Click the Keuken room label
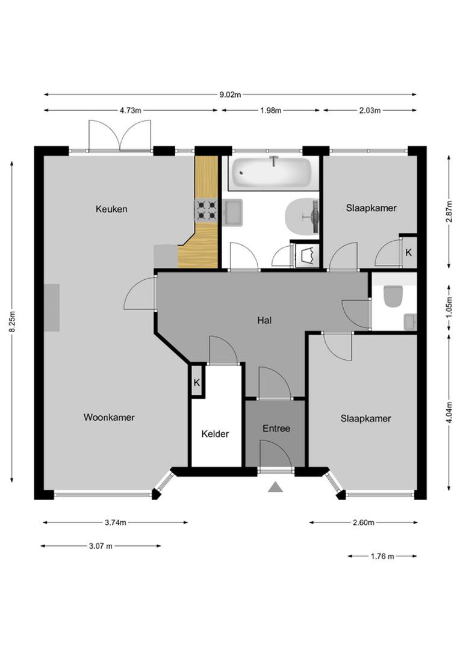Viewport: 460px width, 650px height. [x=111, y=209]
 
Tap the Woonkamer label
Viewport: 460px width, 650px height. [x=109, y=417]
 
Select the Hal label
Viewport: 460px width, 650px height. [x=264, y=320]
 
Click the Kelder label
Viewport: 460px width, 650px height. [x=215, y=433]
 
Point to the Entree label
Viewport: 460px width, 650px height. [x=276, y=429]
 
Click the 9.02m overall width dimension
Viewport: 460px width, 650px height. [x=230, y=94]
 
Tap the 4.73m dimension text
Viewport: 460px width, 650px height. [x=130, y=110]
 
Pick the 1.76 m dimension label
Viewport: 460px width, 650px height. [x=382, y=556]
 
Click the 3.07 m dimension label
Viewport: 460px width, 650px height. [x=101, y=546]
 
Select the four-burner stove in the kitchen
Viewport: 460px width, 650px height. [x=205, y=211]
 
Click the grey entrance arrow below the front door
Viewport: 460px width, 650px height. [x=276, y=487]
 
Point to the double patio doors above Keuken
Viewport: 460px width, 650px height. [x=120, y=135]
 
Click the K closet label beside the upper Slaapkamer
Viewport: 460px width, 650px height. [x=408, y=253]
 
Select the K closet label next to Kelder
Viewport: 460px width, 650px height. [x=197, y=383]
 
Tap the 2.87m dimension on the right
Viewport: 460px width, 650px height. [x=449, y=212]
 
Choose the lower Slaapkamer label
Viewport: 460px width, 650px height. [x=365, y=418]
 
